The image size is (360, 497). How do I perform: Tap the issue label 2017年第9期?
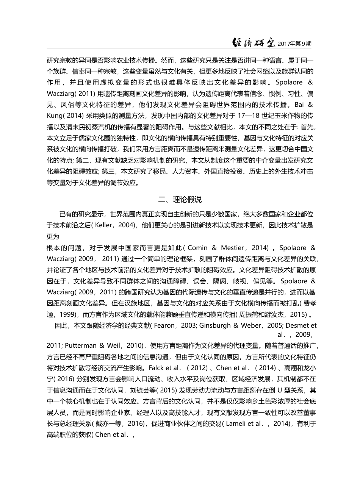(x=294, y=44)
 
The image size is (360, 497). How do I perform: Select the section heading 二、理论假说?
(x=180, y=200)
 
